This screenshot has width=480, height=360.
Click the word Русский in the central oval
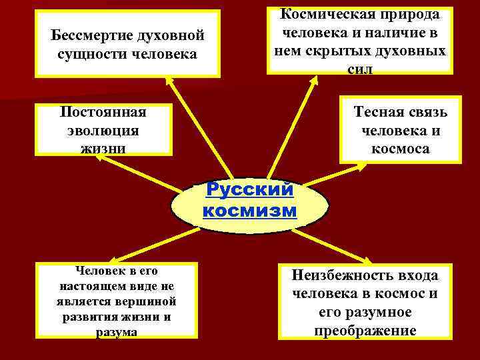pyautogui.click(x=249, y=190)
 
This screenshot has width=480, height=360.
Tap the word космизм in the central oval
pyautogui.click(x=249, y=211)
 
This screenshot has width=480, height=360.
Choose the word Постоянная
pyautogui.click(x=103, y=112)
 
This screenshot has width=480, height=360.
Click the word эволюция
pyautogui.click(x=103, y=129)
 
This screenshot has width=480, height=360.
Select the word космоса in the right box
pyautogui.click(x=400, y=148)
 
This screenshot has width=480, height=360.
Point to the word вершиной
pyautogui.click(x=155, y=301)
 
